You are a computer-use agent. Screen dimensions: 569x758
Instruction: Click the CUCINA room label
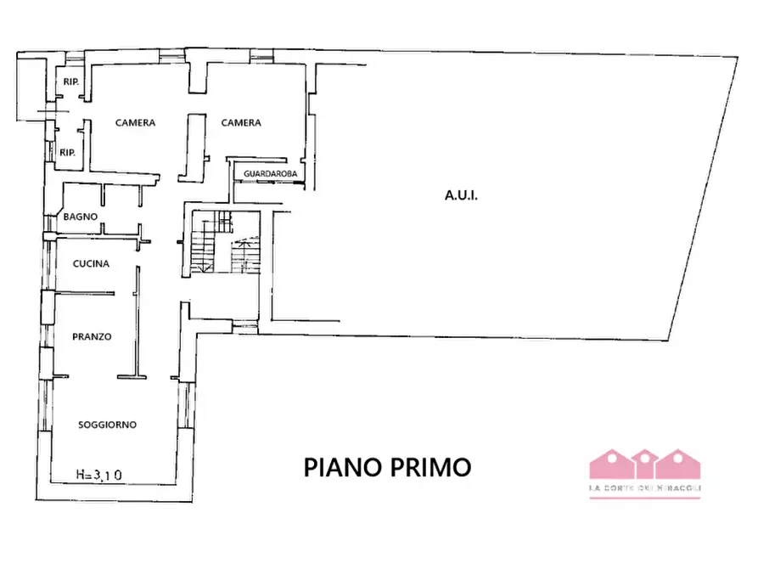tap(91, 263)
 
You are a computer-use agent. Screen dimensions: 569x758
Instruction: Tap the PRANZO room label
tap(93, 336)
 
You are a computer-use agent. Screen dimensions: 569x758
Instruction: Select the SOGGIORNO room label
tap(108, 425)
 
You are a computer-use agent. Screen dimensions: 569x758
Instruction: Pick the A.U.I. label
tap(462, 195)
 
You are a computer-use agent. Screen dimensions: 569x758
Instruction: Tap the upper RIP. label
tap(70, 82)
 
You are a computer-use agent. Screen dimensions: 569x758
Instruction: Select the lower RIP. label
tap(68, 153)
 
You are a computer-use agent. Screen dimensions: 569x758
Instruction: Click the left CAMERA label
tap(136, 123)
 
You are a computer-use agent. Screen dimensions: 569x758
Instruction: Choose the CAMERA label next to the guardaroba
tap(241, 123)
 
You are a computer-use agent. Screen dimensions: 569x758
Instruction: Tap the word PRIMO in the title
tap(432, 467)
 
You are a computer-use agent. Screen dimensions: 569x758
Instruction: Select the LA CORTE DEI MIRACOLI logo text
tap(645, 487)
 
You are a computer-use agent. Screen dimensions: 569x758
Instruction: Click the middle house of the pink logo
tap(645, 463)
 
